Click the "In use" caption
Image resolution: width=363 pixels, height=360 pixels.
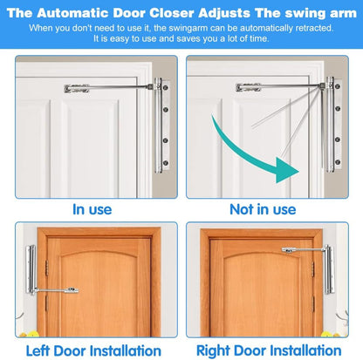click(x=92, y=209)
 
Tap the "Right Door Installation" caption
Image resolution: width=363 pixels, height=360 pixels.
click(x=272, y=350)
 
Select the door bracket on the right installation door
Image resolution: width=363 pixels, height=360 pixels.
click(x=289, y=252)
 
